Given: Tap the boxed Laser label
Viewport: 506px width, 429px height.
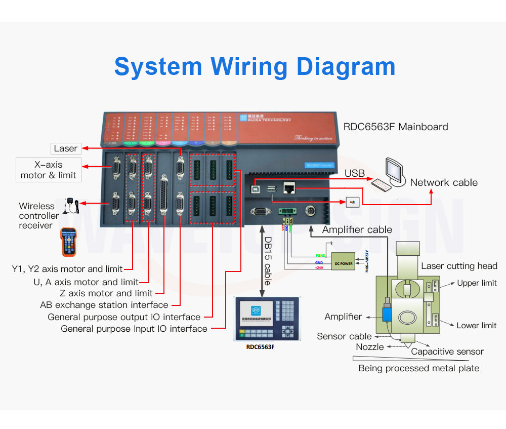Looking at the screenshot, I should click(x=66, y=148).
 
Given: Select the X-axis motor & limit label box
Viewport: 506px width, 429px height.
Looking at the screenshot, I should click(x=49, y=170).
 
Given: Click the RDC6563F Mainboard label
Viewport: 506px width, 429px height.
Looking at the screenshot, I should click(x=396, y=127).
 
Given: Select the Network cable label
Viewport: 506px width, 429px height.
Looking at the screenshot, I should click(x=444, y=182).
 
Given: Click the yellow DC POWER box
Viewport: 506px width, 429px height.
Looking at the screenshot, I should click(x=344, y=261).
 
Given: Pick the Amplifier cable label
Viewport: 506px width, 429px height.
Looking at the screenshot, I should click(x=357, y=229).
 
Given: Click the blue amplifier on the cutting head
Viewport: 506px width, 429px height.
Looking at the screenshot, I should click(x=387, y=314).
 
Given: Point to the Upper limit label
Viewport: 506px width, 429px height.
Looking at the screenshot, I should click(x=477, y=283).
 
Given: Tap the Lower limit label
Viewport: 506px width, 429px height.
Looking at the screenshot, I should click(x=476, y=326).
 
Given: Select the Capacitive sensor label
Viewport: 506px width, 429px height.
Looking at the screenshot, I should click(x=447, y=352).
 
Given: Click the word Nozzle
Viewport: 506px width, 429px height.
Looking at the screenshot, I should click(x=369, y=347).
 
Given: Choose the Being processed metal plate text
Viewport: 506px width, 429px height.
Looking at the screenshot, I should click(x=418, y=368).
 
